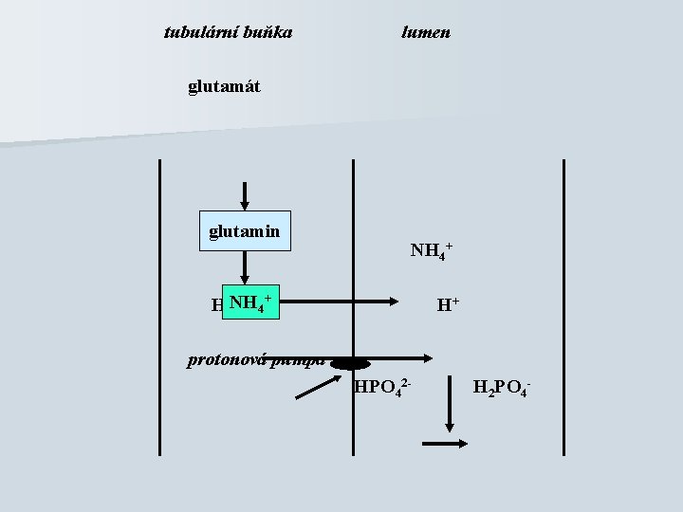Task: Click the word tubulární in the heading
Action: (x=196, y=32)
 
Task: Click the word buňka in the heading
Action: (x=267, y=32)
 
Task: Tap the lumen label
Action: (x=426, y=32)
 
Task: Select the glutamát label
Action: (x=224, y=87)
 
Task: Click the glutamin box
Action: (x=245, y=230)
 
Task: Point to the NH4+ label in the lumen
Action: (x=431, y=250)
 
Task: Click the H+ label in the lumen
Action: (x=448, y=305)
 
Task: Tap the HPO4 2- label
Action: (x=382, y=386)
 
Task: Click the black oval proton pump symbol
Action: (x=350, y=361)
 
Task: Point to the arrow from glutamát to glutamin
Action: (x=246, y=193)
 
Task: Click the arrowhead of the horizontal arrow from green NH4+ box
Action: (x=395, y=302)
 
